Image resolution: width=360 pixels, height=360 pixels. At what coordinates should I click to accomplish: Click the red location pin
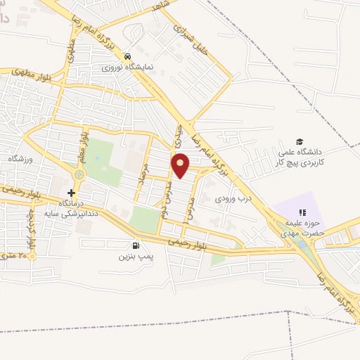tap(181, 165)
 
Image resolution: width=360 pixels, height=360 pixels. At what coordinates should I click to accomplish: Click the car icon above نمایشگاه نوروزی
tap(127, 56)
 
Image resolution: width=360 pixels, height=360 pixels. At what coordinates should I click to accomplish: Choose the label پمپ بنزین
tap(135, 258)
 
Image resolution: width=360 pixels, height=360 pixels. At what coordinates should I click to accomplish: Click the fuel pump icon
tap(135, 246)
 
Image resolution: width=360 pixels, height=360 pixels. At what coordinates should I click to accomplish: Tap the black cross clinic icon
tap(71, 193)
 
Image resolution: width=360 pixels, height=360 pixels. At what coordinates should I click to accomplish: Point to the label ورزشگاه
tap(21, 160)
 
